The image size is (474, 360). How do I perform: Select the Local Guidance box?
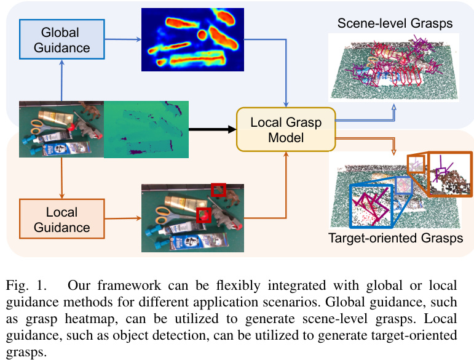[x=61, y=220]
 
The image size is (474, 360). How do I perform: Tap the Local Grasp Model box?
[x=286, y=129]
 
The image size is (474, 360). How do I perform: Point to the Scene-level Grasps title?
[x=395, y=24]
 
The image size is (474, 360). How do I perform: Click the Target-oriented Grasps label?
[x=395, y=238]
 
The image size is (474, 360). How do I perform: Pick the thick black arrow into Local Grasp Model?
[x=212, y=129]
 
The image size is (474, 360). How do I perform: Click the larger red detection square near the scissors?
[x=204, y=215]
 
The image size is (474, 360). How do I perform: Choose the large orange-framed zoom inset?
[x=449, y=174]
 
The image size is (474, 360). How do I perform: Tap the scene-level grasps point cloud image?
[x=393, y=68]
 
